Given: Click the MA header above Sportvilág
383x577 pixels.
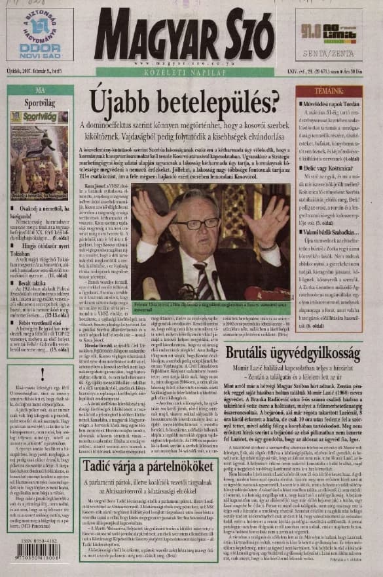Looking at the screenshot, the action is pyautogui.click(x=40, y=90).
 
